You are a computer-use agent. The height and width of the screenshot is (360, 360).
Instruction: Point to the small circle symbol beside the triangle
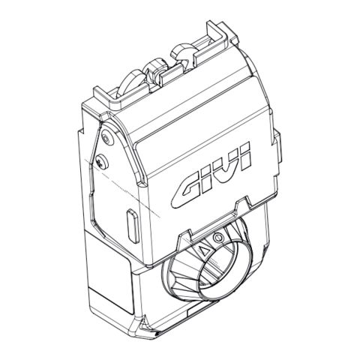[217, 238]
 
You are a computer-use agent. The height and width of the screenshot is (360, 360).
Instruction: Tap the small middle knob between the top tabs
[157, 68]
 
